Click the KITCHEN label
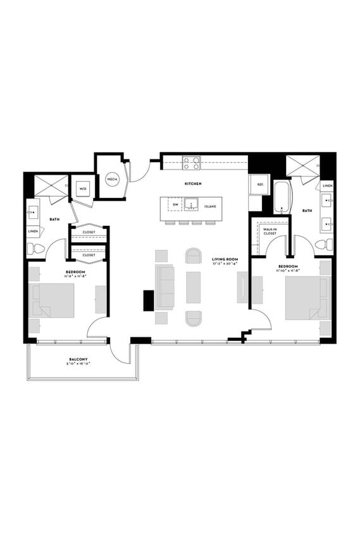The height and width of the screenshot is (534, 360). (193, 183)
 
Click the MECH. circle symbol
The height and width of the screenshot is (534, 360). (113, 180)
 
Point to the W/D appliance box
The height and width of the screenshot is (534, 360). (83, 189)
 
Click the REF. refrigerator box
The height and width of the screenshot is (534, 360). (260, 185)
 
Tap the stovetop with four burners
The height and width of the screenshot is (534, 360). (192, 163)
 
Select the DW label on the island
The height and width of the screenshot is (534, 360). (175, 206)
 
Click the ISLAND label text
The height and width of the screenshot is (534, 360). (210, 207)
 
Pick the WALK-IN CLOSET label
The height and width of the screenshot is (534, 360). (270, 232)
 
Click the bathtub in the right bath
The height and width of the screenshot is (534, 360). (282, 197)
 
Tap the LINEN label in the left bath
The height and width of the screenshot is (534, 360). (33, 232)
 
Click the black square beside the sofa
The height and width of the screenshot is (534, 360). (149, 299)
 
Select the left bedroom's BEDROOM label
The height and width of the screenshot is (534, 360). (75, 272)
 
